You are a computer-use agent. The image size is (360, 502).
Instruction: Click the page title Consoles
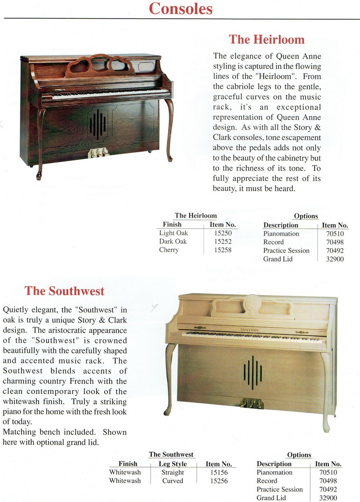[180, 9]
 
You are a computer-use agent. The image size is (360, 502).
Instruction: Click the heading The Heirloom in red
[266, 39]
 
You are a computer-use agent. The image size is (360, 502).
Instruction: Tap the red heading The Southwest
[64, 291]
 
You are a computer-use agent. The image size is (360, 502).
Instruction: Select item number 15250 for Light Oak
[223, 233]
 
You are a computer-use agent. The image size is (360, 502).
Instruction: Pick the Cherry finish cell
[169, 250]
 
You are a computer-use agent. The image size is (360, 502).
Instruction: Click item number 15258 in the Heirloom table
[223, 250]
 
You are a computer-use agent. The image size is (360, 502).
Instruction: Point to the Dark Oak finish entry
[173, 241]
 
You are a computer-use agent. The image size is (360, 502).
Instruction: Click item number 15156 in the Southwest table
[219, 472]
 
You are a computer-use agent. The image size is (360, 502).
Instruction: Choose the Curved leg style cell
[172, 481]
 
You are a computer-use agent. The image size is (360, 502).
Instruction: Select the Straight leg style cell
[172, 472]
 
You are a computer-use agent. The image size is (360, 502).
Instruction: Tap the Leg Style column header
[172, 464]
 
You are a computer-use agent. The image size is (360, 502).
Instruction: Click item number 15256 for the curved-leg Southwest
[219, 481]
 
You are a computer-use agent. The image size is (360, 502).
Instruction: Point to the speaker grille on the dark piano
[98, 124]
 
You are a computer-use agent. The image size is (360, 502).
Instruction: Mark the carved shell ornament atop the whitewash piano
[252, 303]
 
